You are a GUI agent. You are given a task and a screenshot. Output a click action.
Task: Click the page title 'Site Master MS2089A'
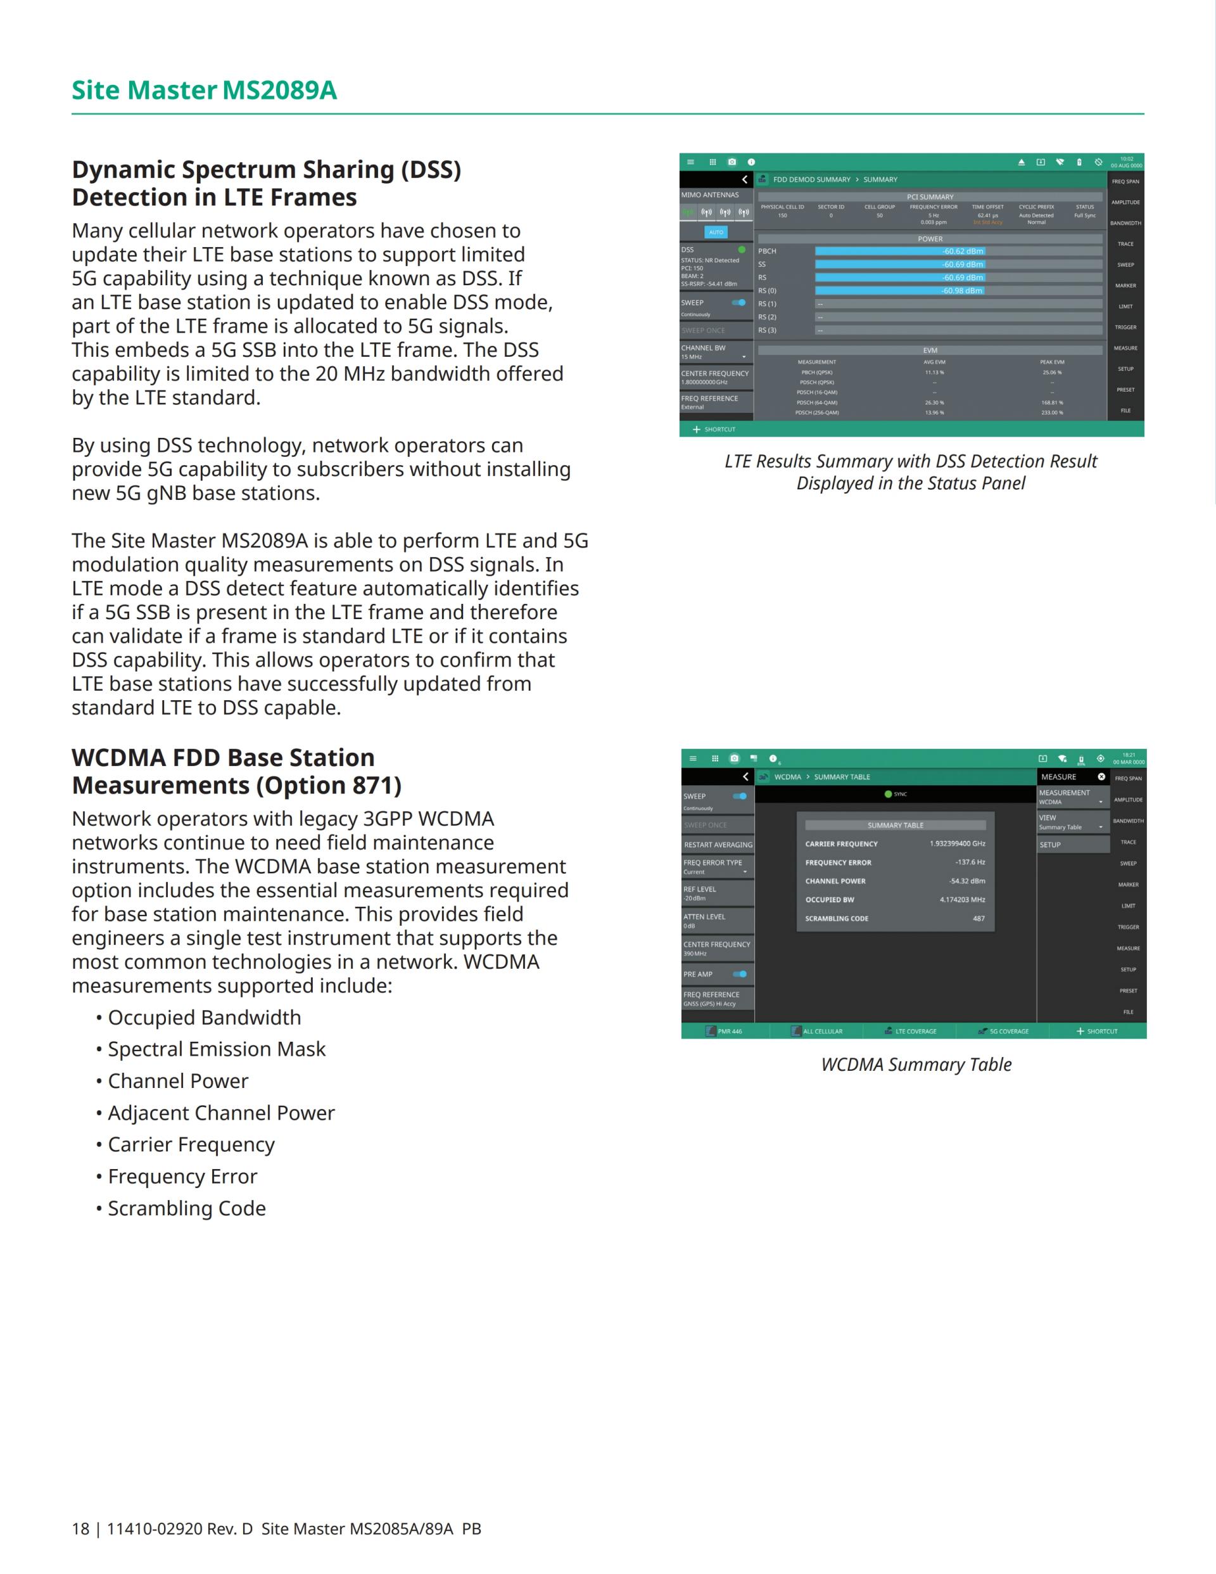(x=204, y=91)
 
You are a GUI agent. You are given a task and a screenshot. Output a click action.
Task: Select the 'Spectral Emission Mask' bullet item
(x=216, y=1049)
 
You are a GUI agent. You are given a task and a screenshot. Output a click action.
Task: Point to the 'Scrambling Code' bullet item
(x=187, y=1208)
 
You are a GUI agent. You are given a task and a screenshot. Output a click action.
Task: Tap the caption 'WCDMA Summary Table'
(x=916, y=1065)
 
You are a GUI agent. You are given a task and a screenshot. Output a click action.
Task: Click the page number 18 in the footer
(x=80, y=1529)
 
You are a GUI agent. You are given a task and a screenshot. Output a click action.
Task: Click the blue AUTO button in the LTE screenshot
(x=716, y=232)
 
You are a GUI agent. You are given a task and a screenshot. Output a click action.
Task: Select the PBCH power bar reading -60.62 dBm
(x=958, y=252)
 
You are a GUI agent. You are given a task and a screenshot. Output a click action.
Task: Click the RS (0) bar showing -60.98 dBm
(x=958, y=291)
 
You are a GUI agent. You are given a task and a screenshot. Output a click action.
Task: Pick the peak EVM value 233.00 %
(x=1052, y=413)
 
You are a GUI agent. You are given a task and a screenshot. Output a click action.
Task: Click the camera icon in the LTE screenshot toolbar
(x=732, y=162)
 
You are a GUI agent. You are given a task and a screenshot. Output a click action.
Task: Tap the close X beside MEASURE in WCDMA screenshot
(x=1101, y=777)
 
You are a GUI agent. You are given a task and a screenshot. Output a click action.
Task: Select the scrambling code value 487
(x=978, y=919)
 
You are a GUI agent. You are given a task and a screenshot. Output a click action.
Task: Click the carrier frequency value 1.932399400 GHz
(x=958, y=844)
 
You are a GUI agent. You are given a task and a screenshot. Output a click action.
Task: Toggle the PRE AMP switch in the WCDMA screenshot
(x=740, y=975)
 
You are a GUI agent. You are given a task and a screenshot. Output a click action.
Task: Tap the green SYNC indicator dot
(x=888, y=794)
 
